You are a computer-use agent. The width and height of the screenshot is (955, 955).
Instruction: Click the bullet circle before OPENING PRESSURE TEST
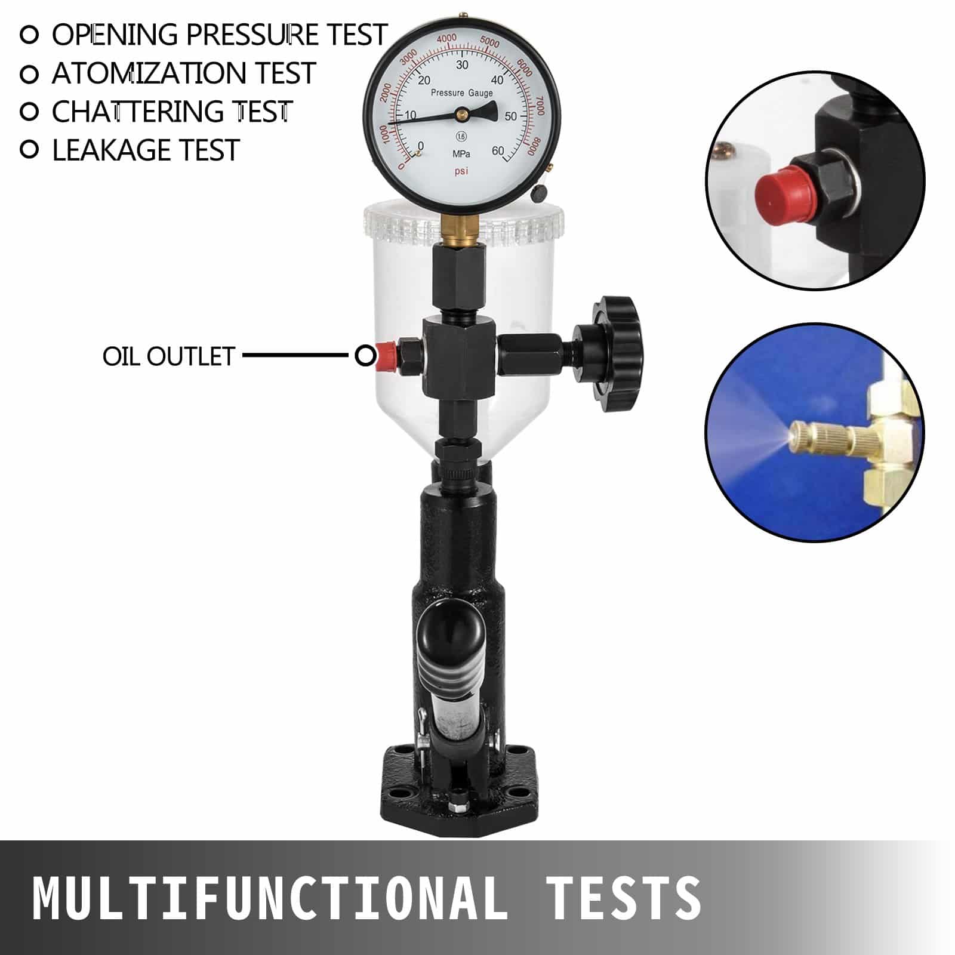pyautogui.click(x=29, y=35)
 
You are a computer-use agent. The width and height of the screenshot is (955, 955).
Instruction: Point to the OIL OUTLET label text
pyautogui.click(x=168, y=356)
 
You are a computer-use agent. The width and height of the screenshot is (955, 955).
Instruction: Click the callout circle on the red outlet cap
pyautogui.click(x=365, y=356)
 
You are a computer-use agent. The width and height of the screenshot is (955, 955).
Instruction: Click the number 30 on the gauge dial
pyautogui.click(x=462, y=65)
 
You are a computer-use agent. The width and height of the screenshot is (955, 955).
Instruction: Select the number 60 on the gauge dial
pyautogui.click(x=497, y=151)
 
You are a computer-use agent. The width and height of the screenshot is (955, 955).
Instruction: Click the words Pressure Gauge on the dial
pyautogui.click(x=461, y=93)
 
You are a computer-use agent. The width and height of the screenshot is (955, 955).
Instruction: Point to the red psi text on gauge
pyautogui.click(x=461, y=172)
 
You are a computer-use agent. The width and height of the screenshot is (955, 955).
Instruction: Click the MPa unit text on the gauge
pyautogui.click(x=461, y=154)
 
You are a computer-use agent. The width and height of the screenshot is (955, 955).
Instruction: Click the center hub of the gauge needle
pyautogui.click(x=461, y=112)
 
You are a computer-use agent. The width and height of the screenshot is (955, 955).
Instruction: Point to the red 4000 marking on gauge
pyautogui.click(x=446, y=39)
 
